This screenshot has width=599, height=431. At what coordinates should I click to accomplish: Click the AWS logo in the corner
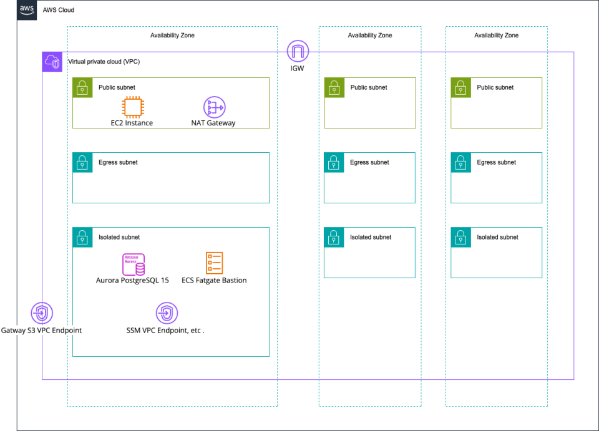coord(27,10)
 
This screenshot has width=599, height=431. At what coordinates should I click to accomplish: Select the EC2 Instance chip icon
coord(132,107)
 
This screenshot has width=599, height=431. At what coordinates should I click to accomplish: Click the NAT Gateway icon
coord(214,107)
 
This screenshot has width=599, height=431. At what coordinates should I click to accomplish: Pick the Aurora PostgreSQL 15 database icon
coord(134,264)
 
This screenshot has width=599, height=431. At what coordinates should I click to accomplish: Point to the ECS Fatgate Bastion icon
coord(214,263)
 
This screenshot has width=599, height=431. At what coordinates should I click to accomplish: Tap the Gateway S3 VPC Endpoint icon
coord(42,313)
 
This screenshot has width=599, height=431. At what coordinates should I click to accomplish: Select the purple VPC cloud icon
coord(52,62)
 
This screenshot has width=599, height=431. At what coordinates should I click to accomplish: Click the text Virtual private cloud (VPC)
coord(99,62)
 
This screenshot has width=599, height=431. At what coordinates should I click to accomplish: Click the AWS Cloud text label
coord(58,11)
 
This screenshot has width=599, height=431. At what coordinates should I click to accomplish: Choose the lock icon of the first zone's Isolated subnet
coord(82,237)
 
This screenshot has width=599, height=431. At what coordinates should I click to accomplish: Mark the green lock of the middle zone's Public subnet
coord(334,87)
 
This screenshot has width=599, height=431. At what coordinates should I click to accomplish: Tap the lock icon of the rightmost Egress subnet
coord(460,162)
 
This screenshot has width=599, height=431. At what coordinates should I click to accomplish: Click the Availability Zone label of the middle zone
coord(369,36)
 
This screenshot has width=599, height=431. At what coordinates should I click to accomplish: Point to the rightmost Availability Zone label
coord(496,36)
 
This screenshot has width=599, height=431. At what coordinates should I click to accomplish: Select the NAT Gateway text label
coord(213,123)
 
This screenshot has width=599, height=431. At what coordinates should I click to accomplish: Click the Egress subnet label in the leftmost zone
coord(118,162)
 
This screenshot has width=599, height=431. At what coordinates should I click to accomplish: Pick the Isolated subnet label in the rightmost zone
coord(497,237)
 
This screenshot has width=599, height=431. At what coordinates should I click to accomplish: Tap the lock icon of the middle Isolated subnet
coord(334,237)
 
